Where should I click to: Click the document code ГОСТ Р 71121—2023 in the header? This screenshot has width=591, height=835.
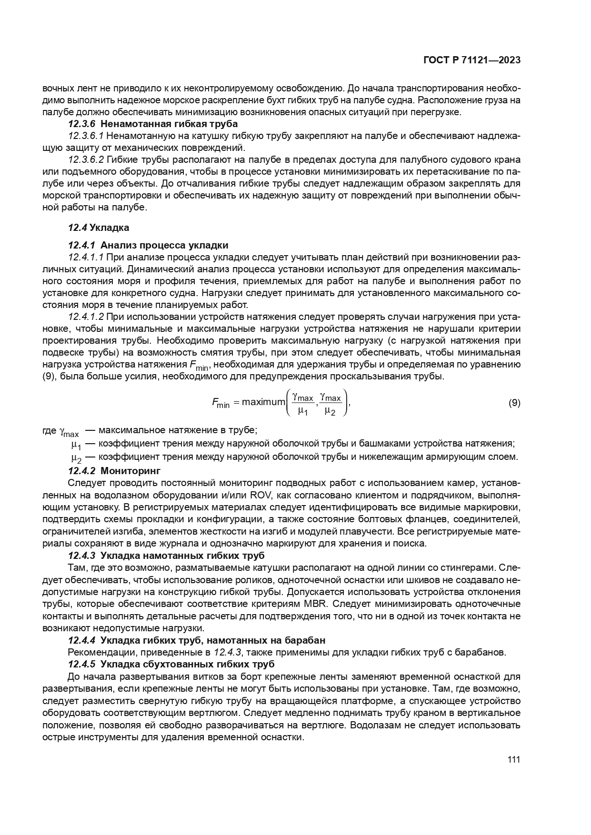click(x=471, y=60)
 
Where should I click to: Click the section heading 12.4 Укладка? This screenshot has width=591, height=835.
click(x=99, y=228)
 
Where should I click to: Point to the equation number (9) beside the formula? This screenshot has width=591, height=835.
click(x=514, y=403)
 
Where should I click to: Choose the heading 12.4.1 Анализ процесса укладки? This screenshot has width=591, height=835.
click(x=148, y=245)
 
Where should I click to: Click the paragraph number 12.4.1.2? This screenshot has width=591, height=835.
click(x=86, y=317)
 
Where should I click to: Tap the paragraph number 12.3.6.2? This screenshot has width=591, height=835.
click(x=86, y=159)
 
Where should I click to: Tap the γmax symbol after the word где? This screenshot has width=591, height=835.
click(x=69, y=431)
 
